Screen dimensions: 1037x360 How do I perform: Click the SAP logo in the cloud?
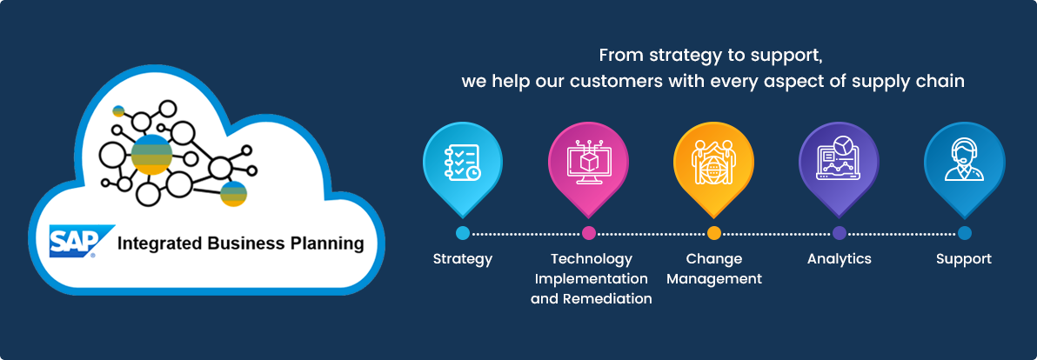click(x=73, y=241)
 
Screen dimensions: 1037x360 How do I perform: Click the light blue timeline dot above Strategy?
click(x=463, y=233)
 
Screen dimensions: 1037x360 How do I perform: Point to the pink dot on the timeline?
click(x=589, y=233)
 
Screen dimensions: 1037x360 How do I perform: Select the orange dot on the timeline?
click(x=713, y=233)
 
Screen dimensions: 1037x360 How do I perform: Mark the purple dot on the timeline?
click(x=840, y=233)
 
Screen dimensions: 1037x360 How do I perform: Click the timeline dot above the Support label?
click(x=964, y=233)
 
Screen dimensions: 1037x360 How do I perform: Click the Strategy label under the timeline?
click(x=463, y=260)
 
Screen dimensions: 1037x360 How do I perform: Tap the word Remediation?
click(x=607, y=299)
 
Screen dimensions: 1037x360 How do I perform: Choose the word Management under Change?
click(x=714, y=279)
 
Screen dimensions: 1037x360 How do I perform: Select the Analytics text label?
click(x=840, y=259)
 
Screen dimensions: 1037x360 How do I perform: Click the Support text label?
click(x=964, y=260)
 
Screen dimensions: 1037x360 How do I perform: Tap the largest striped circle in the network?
click(x=152, y=155)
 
